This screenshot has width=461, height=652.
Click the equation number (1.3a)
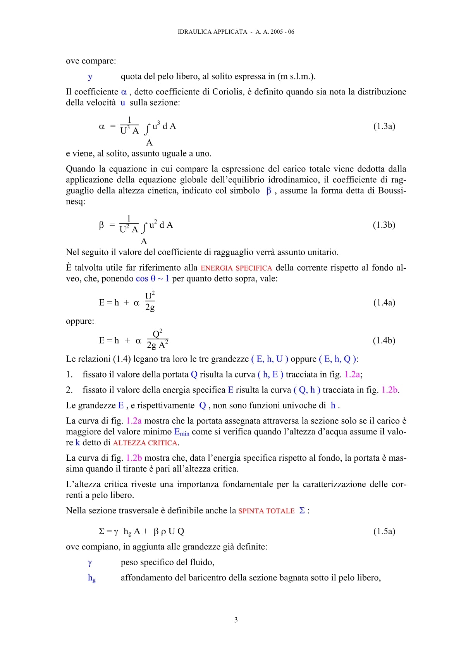384,126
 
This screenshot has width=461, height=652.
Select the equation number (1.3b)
384,225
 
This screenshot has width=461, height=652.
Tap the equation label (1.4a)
384,302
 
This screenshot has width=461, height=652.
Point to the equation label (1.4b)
384,340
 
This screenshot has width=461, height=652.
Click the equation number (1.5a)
384,531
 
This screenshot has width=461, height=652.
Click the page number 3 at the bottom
236,620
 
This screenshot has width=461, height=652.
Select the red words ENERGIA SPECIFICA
236,268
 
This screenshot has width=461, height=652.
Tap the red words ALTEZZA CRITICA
145,443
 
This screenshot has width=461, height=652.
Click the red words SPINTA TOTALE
267,511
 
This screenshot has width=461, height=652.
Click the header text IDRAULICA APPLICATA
212,32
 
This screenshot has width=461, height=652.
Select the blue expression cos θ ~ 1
152,279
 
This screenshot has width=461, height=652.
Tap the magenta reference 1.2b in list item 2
389,390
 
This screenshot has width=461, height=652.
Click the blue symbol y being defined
90,77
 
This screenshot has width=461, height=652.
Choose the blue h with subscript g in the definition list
92,578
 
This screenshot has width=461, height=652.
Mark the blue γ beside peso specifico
90,563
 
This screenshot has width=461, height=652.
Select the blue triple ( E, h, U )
270,359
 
